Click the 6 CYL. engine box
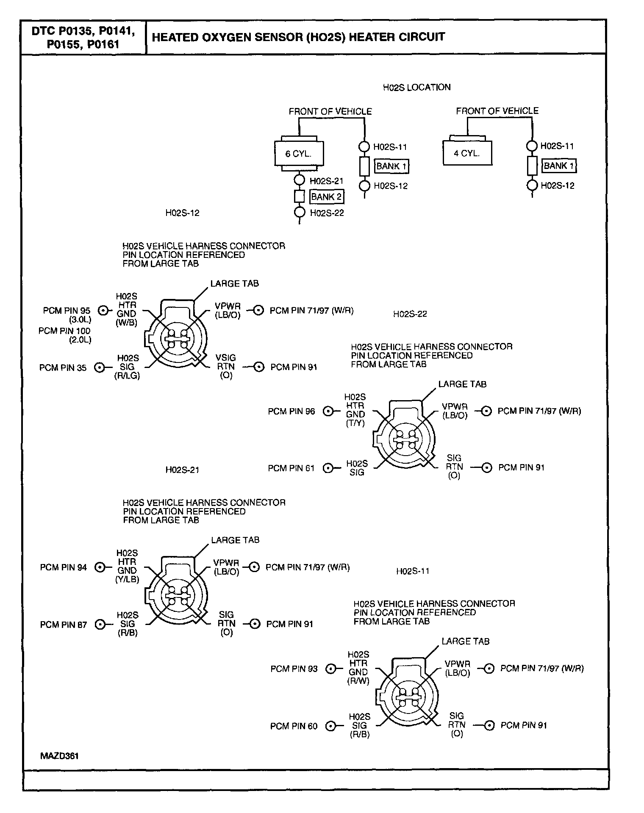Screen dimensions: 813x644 tap(299, 153)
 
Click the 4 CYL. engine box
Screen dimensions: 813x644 tap(467, 153)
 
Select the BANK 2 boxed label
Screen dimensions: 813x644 tap(326, 197)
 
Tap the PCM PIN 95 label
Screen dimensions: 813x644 tap(67, 311)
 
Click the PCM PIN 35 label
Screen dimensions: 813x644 tap(63, 368)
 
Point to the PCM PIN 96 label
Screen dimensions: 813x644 tap(291, 411)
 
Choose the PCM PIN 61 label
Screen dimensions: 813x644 tap(291, 468)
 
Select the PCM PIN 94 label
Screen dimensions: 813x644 tap(64, 567)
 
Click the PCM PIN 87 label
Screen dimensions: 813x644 tap(64, 625)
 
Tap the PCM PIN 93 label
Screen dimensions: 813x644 tap(294, 669)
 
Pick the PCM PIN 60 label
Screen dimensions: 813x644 tap(294, 726)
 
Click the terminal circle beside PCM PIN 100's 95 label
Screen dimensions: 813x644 tap(102, 311)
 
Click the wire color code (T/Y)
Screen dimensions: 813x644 tap(355, 423)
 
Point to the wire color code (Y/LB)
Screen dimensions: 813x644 tap(127, 580)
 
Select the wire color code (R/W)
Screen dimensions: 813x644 tap(358, 681)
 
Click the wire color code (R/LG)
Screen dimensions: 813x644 tap(127, 375)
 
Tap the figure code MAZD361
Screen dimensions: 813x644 tap(60, 756)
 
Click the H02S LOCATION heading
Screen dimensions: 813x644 tap(416, 87)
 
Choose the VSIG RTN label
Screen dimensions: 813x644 tap(225, 362)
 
